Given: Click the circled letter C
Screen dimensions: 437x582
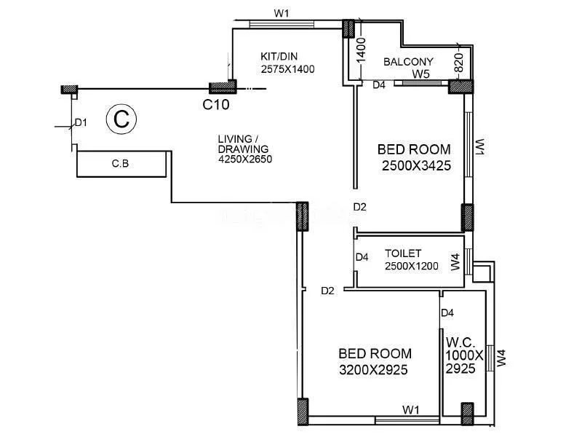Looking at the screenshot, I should coord(122,119).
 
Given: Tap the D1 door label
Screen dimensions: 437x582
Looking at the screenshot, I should coord(81,122).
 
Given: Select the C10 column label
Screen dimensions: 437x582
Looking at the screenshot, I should coord(216,105).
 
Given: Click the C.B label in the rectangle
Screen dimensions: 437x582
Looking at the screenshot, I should coord(120,163).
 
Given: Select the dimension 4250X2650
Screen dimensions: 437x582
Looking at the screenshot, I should coord(244,160).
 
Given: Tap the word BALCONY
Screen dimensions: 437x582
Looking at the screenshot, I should coord(408,62).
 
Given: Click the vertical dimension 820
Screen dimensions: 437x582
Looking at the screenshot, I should coord(459,63).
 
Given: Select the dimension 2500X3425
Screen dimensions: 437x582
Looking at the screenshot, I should coord(416,166).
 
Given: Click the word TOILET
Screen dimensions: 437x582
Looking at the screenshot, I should coord(403,253).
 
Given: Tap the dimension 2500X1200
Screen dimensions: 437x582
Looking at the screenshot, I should coord(411,266).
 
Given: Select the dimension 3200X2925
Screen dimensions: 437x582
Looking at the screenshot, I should coord(373,370).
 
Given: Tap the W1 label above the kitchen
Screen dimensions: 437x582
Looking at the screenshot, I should coord(282,14).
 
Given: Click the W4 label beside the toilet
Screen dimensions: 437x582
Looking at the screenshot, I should coord(455,262).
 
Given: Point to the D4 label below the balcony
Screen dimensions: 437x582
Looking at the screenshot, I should coord(379,85).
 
